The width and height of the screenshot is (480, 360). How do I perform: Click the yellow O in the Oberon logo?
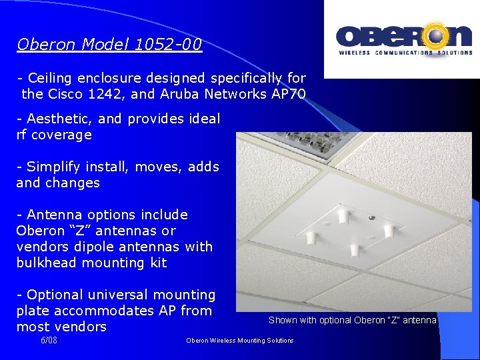438,37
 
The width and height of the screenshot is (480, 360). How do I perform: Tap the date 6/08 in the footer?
49,340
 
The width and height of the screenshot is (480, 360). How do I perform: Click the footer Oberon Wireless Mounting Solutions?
239,341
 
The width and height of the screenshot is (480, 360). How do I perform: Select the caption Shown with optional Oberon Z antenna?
352,321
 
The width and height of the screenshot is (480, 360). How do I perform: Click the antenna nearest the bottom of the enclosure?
355,251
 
